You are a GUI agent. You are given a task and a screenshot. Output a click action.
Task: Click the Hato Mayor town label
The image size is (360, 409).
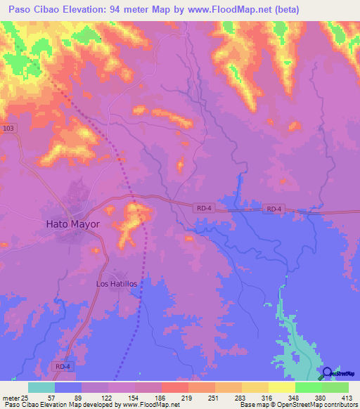point(73,225)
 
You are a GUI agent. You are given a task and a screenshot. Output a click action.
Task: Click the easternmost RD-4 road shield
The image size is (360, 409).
point(274,209)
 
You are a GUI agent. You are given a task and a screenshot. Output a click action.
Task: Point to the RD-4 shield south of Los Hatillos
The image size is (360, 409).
point(62,366)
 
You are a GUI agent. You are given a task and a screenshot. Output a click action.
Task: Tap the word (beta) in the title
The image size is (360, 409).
point(281,10)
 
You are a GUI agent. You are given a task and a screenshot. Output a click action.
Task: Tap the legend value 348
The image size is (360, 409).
point(293,397)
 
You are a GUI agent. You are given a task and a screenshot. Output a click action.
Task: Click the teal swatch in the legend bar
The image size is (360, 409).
point(41,387)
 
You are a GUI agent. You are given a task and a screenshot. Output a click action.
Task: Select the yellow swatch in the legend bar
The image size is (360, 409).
point(282,387)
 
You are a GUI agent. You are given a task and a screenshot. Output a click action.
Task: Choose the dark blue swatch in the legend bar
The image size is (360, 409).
point(68,387)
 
